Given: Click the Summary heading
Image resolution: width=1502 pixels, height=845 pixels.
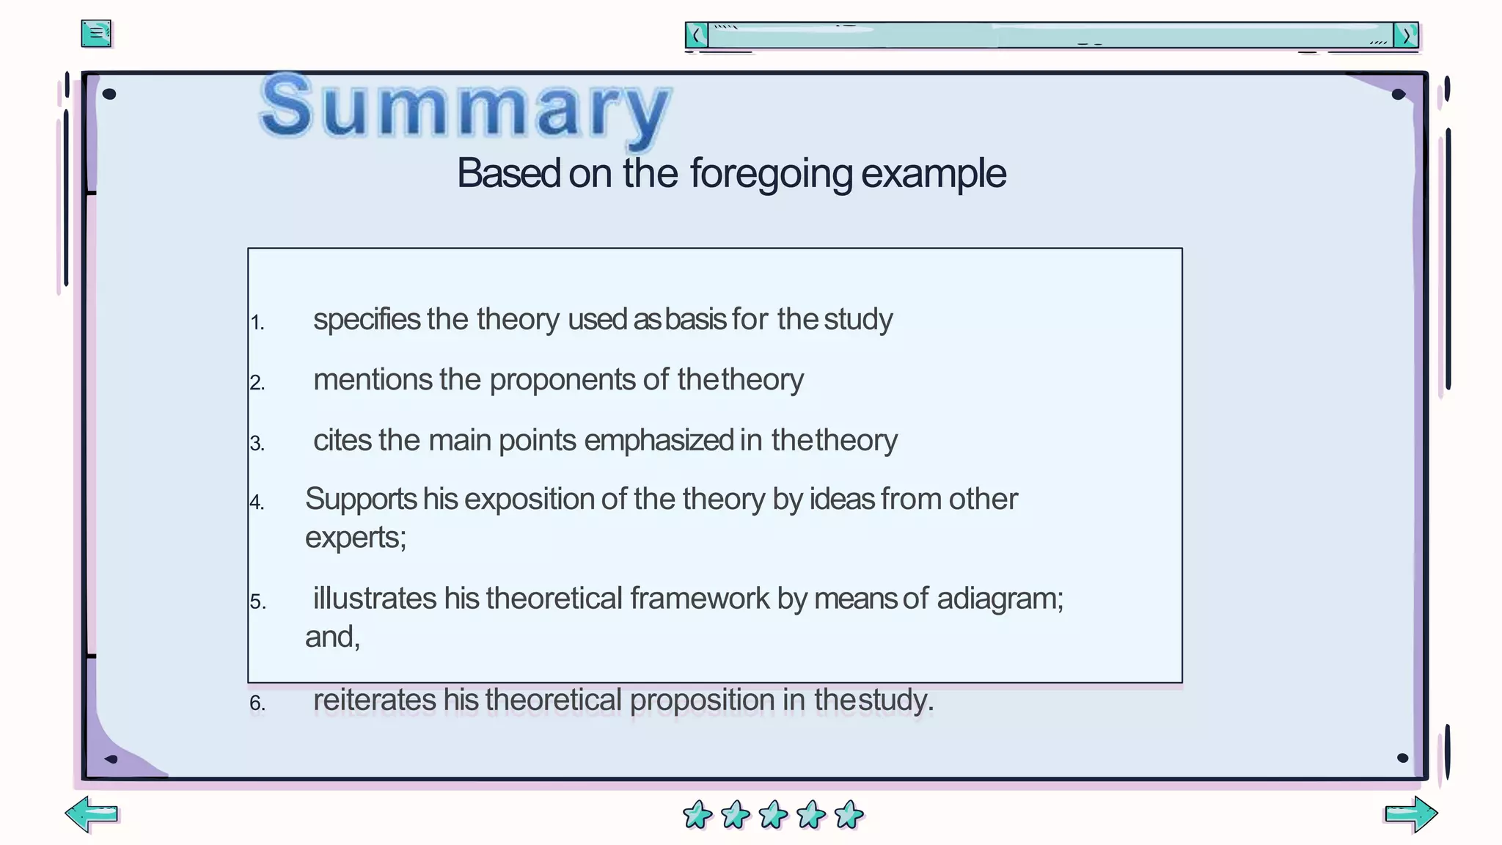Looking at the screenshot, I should click(x=465, y=108).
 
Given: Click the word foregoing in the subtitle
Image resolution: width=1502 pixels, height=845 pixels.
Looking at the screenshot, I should click(x=771, y=175).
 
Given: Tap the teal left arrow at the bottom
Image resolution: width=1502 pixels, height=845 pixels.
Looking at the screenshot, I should click(x=92, y=813).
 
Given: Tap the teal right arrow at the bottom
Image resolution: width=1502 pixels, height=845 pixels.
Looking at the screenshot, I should click(x=1410, y=813).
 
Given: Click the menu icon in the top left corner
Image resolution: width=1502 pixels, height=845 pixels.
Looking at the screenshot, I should click(x=96, y=34).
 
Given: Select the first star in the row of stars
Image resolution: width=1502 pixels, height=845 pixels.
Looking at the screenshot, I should click(x=697, y=814).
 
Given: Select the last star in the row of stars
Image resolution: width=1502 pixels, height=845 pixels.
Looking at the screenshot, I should click(x=849, y=814).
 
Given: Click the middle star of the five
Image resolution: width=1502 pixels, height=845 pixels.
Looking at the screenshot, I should click(x=773, y=814).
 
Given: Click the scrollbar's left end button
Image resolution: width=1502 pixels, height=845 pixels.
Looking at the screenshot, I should click(x=696, y=35).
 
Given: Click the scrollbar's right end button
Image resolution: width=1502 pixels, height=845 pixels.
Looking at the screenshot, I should click(x=1406, y=35).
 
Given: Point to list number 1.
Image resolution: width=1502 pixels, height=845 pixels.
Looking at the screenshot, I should click(x=257, y=323).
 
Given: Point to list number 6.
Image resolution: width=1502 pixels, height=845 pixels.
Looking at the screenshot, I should click(x=257, y=703).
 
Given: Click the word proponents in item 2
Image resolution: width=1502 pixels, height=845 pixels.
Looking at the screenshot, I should click(x=563, y=381).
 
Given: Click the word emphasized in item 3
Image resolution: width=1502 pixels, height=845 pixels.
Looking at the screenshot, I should click(x=659, y=441).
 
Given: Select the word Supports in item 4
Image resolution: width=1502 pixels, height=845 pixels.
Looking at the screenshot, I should click(x=361, y=500).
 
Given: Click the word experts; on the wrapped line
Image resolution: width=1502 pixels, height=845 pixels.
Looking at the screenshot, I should click(x=356, y=538).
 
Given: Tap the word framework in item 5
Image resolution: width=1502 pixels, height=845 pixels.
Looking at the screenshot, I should click(x=700, y=599).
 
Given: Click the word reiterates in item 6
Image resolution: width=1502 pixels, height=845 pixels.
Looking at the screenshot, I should click(x=375, y=700).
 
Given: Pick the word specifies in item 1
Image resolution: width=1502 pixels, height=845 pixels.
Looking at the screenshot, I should click(x=367, y=321).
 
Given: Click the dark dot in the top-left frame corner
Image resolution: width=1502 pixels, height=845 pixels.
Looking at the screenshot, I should click(x=109, y=94).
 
